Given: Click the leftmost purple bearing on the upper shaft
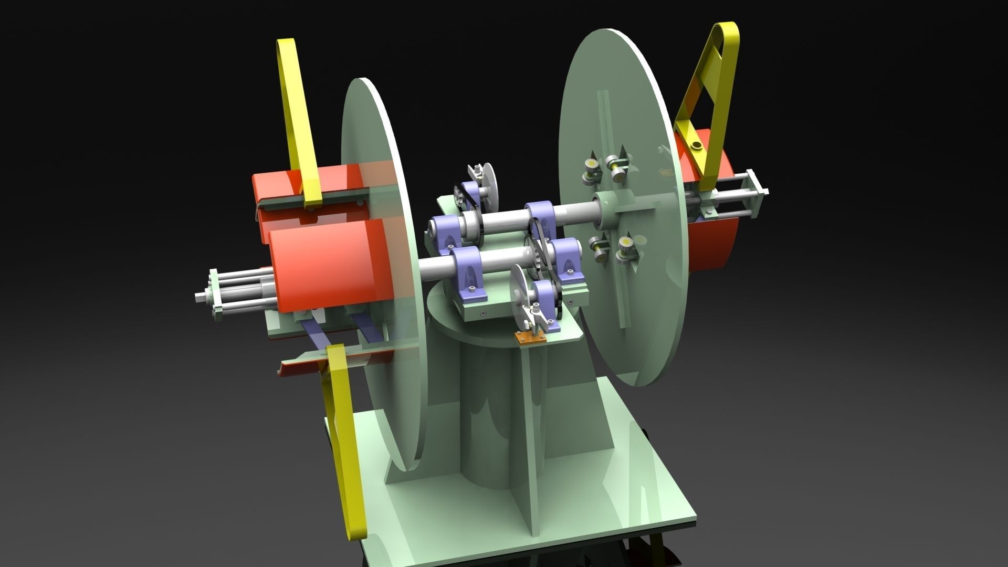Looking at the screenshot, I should [446, 231].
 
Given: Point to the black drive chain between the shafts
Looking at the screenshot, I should [541, 247].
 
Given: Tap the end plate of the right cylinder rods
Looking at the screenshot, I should [759, 194].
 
